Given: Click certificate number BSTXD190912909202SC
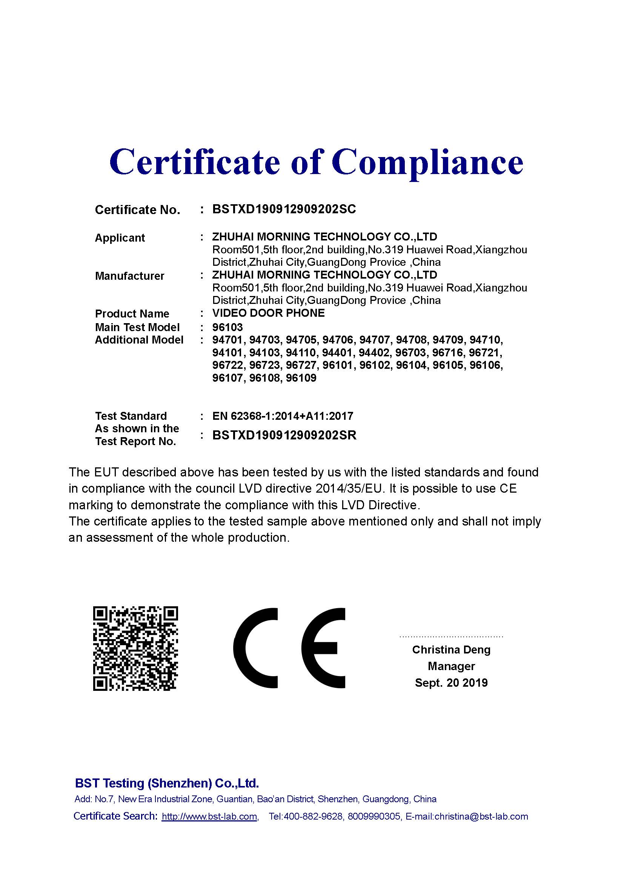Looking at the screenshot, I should [x=284, y=209].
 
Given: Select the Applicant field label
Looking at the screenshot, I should [x=120, y=238].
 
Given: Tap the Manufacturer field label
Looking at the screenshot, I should [x=129, y=276].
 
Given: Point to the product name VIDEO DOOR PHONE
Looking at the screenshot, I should [x=268, y=313].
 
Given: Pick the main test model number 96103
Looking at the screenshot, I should [x=227, y=327].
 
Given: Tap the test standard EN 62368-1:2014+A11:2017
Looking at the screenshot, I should [x=283, y=416].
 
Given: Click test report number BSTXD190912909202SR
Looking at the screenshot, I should [x=284, y=435].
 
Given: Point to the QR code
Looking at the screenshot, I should [x=135, y=648].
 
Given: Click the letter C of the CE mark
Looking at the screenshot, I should [x=255, y=648].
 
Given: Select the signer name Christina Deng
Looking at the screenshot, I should [x=451, y=650].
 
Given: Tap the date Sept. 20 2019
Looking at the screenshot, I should [x=451, y=683].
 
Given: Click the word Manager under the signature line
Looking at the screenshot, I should [x=451, y=666].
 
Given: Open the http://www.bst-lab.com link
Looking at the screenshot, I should [x=209, y=817].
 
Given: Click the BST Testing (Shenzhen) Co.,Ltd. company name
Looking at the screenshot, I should [x=167, y=783].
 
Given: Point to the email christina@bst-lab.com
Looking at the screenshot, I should [x=481, y=817].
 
